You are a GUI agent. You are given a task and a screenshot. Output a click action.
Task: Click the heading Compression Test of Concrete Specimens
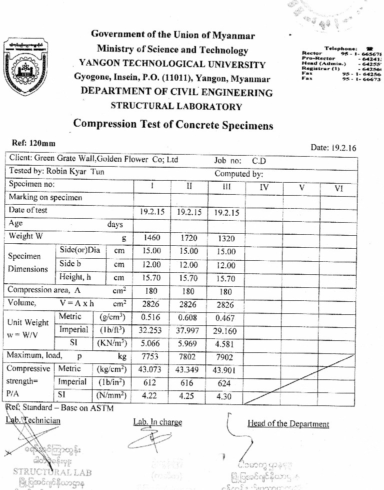[173, 124]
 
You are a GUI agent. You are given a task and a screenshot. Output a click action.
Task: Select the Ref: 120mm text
[33, 143]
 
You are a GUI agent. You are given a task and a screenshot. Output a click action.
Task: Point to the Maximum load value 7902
[225, 356]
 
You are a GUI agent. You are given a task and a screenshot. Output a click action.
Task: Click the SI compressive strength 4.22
[151, 395]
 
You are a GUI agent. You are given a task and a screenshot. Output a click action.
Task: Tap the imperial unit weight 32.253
[151, 331]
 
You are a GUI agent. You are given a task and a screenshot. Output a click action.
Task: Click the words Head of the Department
[288, 424]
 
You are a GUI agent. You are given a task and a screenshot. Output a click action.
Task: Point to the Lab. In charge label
[157, 422]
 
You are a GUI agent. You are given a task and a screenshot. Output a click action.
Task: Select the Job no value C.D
[259, 161]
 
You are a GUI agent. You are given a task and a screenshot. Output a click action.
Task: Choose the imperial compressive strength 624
[225, 383]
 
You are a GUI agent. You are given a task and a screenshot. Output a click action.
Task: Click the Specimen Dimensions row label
[28, 262]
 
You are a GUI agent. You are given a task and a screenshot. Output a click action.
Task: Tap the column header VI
[338, 188]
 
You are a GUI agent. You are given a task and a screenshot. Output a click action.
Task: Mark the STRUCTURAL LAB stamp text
[52, 471]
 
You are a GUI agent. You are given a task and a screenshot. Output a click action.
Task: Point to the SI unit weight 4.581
[225, 344]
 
